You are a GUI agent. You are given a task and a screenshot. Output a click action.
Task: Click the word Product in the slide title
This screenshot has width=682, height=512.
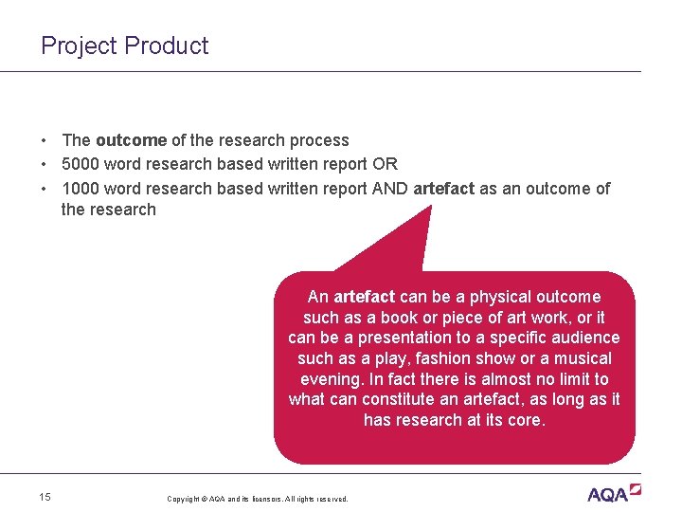pyautogui.click(x=167, y=46)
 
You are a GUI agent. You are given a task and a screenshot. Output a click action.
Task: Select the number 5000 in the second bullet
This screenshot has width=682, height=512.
pyautogui.click(x=81, y=164)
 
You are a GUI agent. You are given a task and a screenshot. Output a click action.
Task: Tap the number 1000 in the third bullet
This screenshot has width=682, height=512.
pyautogui.click(x=81, y=188)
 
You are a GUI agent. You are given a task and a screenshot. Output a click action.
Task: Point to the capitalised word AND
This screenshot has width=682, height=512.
pyautogui.click(x=390, y=188)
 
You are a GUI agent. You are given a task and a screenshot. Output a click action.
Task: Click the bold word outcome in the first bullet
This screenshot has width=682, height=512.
pyautogui.click(x=131, y=140)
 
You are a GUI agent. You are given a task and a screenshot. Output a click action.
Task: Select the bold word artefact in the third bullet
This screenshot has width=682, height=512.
pyautogui.click(x=444, y=188)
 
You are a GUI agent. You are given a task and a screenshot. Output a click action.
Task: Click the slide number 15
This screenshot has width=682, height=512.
pyautogui.click(x=45, y=497)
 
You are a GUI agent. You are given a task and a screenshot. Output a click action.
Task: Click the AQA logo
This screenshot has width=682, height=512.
pyautogui.click(x=614, y=493)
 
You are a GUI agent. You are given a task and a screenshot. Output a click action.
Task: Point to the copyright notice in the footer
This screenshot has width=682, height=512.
pyautogui.click(x=258, y=499)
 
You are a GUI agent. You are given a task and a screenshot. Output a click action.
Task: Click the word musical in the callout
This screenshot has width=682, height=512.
pyautogui.click(x=583, y=358)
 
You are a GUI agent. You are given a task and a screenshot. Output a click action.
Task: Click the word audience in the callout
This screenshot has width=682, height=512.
pyautogui.click(x=584, y=338)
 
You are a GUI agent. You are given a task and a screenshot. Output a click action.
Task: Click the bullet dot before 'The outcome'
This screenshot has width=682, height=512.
pyautogui.click(x=45, y=140)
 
